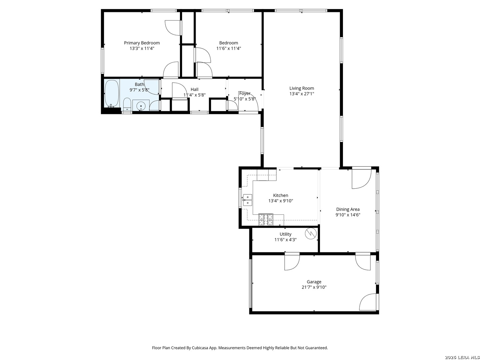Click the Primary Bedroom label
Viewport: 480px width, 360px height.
142,43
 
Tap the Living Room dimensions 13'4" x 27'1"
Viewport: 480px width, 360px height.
301,94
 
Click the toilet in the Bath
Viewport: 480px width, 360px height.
127,104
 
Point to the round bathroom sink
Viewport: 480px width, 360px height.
141,106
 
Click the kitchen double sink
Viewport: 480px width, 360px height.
247,200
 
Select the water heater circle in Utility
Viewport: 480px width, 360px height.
310,233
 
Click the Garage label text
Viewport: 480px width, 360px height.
314,282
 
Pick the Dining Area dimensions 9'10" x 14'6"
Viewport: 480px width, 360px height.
348,215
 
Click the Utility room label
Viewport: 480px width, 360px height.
285,234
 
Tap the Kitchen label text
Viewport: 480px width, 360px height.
281,195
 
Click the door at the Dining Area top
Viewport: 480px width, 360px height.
361,178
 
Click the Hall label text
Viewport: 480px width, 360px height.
194,89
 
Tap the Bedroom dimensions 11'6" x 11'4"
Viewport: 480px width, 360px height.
229,48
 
